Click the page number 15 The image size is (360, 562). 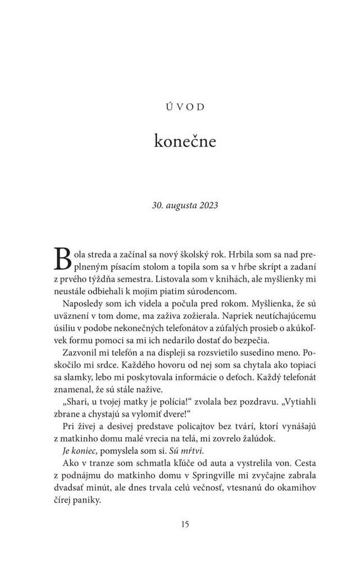click(x=180, y=524)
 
